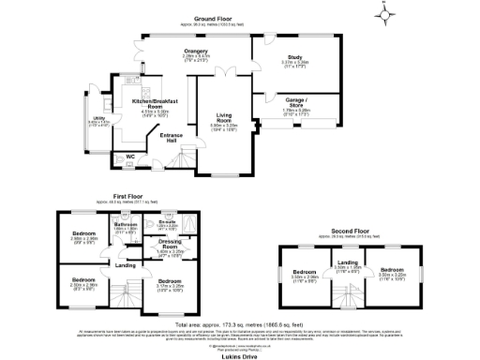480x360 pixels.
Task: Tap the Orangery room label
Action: pos(196,52)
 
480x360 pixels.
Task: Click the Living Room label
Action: pos(222,117)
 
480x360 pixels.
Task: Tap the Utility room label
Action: pos(97,119)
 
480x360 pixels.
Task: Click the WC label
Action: pos(130,157)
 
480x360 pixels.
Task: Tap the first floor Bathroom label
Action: pos(126,225)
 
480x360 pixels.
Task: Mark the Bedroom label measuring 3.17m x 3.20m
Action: pos(170,282)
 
